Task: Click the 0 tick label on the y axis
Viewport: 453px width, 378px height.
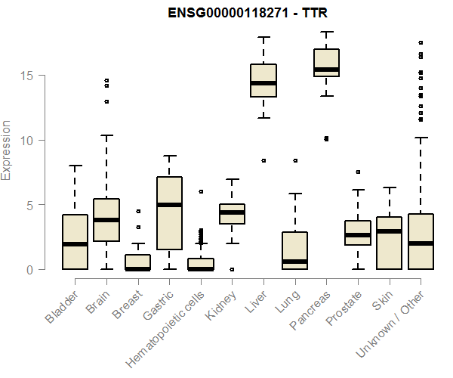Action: coord(31,269)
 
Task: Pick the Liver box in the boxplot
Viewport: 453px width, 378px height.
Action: coord(263,81)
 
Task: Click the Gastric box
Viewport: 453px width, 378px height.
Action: coord(169,213)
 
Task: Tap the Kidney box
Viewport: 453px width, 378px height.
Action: coord(232,214)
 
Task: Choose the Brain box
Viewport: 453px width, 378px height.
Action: coord(106,220)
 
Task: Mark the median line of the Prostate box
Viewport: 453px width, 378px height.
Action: coord(358,235)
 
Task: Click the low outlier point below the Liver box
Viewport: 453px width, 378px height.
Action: coord(263,160)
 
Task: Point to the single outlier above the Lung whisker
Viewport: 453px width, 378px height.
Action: coord(295,160)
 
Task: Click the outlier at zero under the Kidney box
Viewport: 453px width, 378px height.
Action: coord(232,269)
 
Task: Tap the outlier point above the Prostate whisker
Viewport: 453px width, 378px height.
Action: coord(358,172)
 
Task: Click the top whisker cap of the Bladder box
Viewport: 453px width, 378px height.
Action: coord(75,166)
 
